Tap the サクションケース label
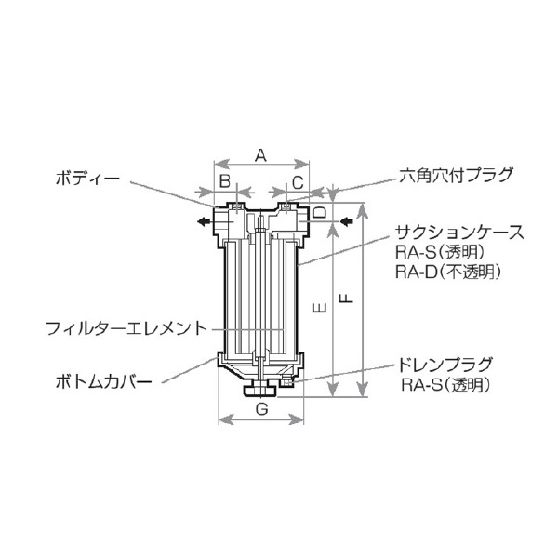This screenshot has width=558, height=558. [447, 232]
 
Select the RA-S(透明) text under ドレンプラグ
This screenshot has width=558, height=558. [445, 383]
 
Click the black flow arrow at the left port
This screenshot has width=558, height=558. [201, 221]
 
